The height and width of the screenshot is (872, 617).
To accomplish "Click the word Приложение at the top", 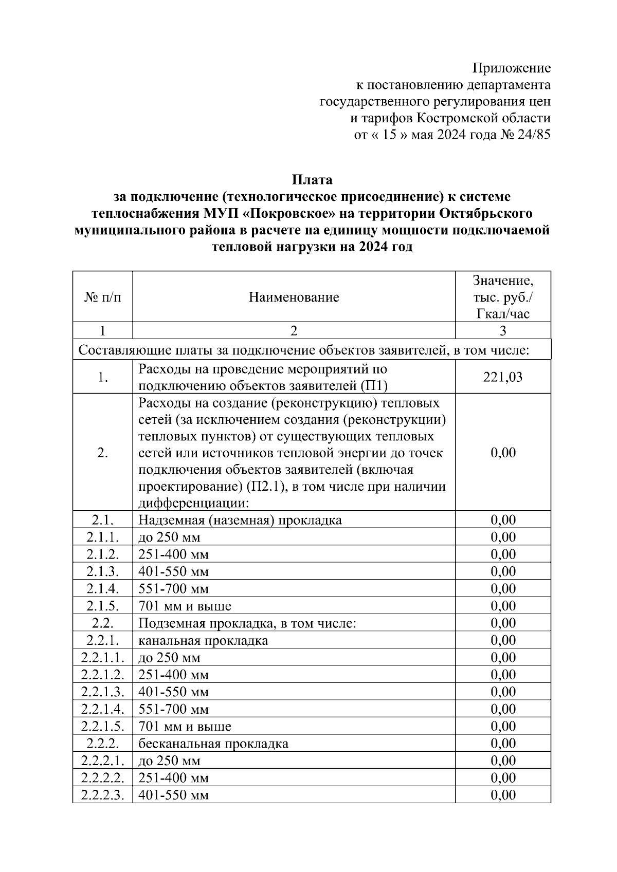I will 511,68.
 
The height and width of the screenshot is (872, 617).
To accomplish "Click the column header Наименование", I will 294,297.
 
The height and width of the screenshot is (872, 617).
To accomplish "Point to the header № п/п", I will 102,297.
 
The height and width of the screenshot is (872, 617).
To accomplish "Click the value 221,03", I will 502,377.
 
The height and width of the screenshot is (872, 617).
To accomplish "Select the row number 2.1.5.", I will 102,606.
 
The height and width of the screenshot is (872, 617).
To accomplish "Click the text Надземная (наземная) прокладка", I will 240,520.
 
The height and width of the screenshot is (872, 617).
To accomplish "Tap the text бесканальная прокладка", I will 213,744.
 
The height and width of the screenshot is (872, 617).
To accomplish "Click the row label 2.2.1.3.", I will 102,692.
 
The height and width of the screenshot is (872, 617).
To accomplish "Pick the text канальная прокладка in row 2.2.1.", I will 203,641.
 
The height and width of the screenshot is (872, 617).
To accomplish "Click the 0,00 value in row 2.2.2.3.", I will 502,795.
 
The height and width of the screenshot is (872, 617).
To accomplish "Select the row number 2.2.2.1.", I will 102,760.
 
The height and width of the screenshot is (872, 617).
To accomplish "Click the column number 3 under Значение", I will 502,331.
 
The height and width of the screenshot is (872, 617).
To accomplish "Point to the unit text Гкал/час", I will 502,314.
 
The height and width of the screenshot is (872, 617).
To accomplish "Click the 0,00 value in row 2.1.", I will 502,520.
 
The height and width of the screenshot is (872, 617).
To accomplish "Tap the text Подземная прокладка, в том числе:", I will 247,623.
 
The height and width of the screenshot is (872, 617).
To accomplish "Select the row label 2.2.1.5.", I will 102,727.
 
